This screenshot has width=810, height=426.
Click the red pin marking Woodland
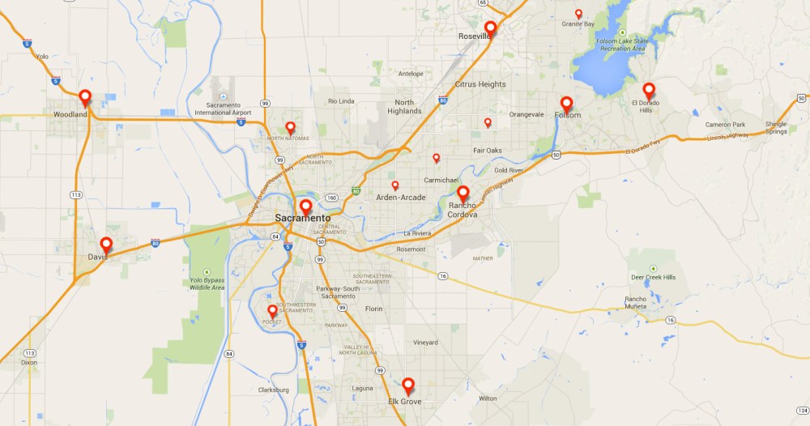[84, 97]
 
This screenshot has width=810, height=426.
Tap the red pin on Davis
[105, 244]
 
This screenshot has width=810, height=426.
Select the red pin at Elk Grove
[408, 385]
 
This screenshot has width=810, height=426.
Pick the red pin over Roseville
[490, 28]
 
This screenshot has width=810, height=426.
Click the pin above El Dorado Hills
[648, 89]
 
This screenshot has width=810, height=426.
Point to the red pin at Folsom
[566, 103]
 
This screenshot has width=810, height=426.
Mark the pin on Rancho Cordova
[463, 193]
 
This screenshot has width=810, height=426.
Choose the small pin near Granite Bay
[578, 13]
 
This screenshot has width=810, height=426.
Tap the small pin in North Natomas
[290, 126]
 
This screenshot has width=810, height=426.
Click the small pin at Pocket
[272, 309]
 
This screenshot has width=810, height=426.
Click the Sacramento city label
[302, 218]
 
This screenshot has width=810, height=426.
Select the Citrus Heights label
[480, 84]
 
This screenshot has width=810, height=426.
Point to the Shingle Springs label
[776, 128]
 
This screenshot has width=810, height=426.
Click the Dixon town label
[29, 362]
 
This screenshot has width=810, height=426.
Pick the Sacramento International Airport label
[224, 109]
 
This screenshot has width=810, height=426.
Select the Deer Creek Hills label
[653, 277]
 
